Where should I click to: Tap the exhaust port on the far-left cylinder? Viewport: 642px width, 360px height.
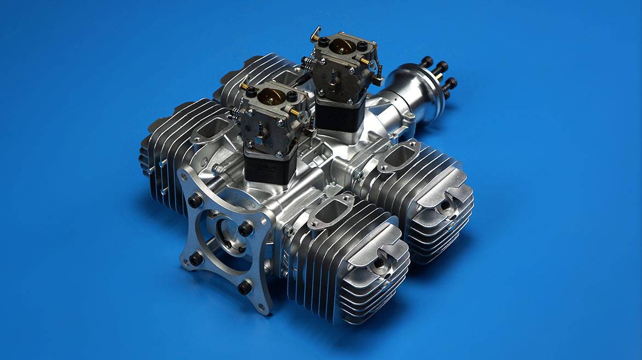point(212,130)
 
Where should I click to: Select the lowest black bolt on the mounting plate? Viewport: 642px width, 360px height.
point(244,287)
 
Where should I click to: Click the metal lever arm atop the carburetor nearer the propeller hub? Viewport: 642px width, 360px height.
point(317,34)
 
